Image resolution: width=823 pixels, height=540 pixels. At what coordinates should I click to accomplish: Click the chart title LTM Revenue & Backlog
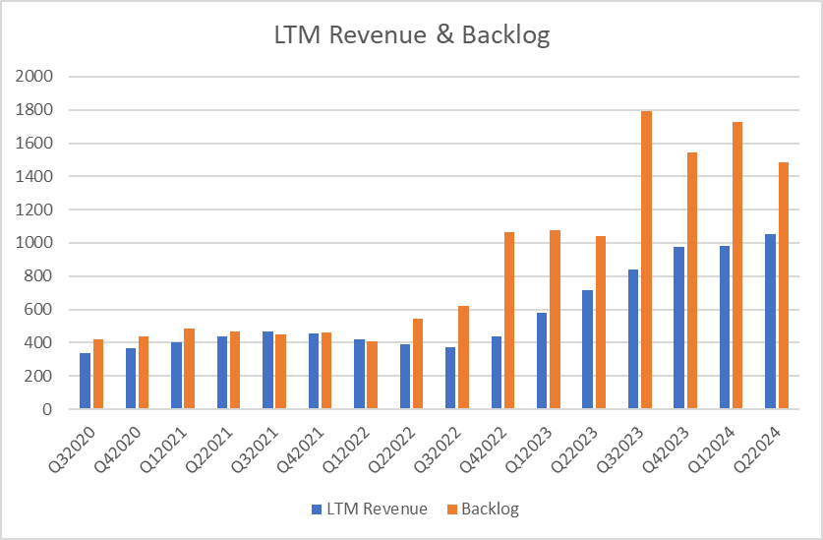(411, 36)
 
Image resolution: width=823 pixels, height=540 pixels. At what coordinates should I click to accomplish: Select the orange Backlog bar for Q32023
(646, 261)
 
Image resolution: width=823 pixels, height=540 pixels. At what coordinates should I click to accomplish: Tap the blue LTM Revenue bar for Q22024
(770, 322)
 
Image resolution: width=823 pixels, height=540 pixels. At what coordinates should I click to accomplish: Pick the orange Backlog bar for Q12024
(737, 266)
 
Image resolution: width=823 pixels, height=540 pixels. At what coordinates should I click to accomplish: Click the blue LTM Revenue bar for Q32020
(86, 381)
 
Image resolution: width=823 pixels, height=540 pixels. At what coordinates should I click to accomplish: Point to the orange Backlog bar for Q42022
(509, 321)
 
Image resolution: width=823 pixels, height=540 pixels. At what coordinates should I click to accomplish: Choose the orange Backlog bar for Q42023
(691, 281)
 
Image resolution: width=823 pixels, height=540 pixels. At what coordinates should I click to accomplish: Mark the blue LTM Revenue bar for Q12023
(543, 361)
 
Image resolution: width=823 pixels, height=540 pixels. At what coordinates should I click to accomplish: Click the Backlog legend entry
(486, 510)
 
